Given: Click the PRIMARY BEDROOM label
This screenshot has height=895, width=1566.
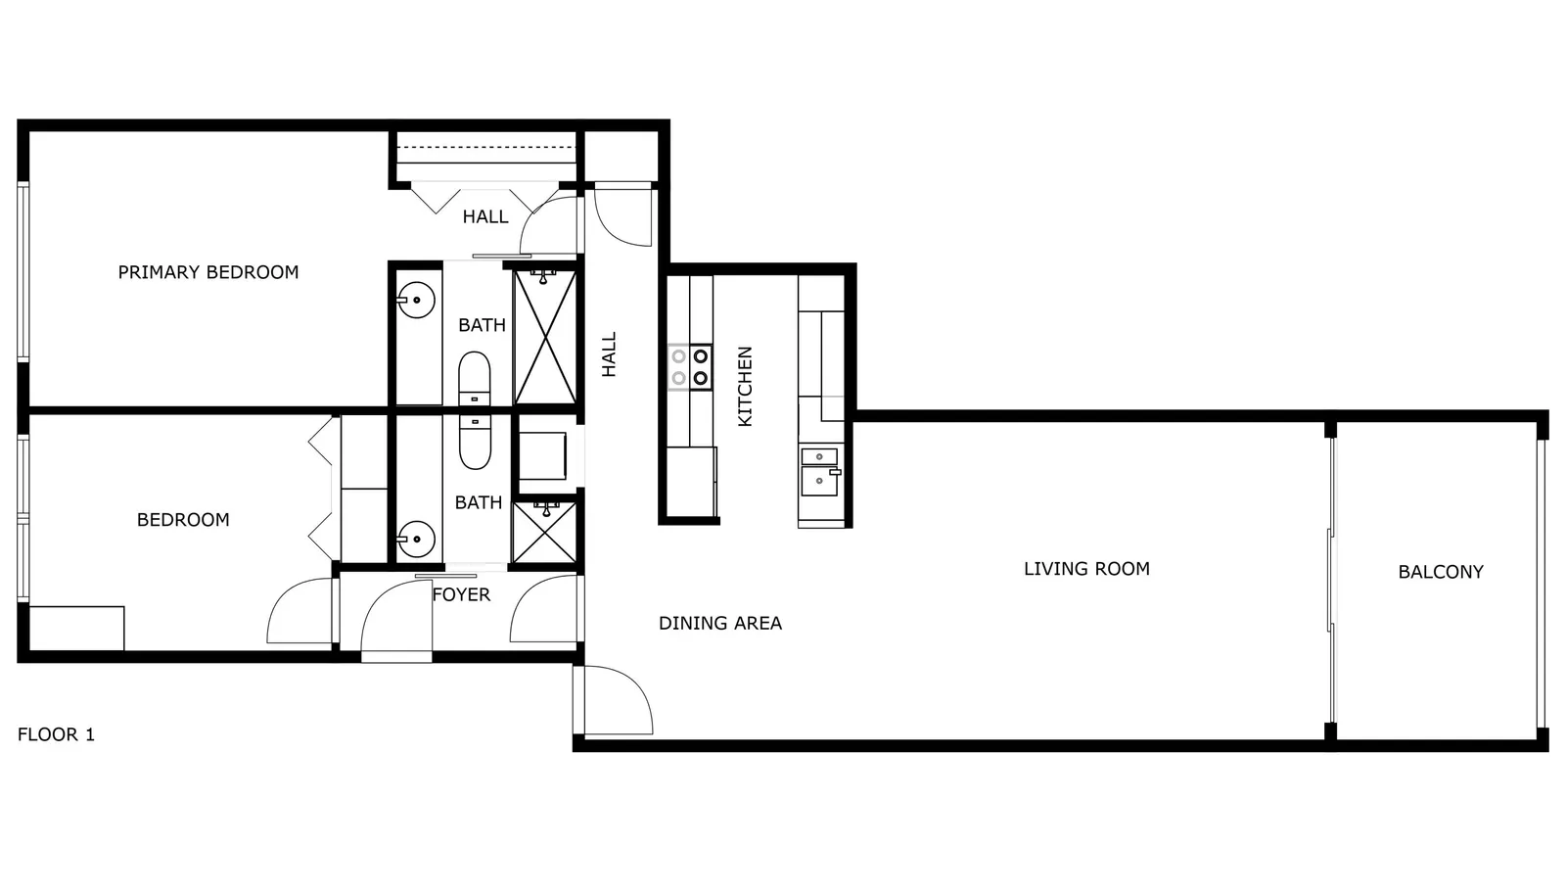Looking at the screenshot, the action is [208, 272].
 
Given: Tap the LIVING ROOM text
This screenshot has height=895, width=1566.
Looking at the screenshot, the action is [1087, 569].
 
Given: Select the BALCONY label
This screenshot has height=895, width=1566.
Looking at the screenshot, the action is [1441, 572].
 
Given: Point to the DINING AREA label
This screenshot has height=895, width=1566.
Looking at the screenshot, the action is [720, 623].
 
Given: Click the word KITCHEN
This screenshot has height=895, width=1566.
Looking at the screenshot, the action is [745, 386].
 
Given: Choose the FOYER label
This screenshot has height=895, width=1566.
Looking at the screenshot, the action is [461, 594].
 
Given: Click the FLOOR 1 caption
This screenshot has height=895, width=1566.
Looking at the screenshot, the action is [56, 734].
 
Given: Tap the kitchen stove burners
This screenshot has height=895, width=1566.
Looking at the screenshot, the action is [690, 367].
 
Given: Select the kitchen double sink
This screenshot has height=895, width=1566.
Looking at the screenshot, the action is [821, 472].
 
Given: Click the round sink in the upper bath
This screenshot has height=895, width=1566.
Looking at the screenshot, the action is [417, 300].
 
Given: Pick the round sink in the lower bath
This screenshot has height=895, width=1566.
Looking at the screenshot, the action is [417, 540].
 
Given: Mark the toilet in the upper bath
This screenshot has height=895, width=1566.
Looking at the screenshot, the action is [474, 378].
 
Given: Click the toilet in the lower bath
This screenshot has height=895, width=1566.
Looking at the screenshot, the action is [474, 442].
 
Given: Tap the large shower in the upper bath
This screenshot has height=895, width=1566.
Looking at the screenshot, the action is [545, 338].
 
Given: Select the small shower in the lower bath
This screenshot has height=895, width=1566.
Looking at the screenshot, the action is [544, 532].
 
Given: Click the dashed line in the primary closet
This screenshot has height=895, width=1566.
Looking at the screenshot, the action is [486, 147].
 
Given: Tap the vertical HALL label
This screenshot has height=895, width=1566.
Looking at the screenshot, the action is [609, 354].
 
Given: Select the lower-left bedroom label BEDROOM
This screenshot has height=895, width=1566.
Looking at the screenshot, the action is [183, 520].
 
